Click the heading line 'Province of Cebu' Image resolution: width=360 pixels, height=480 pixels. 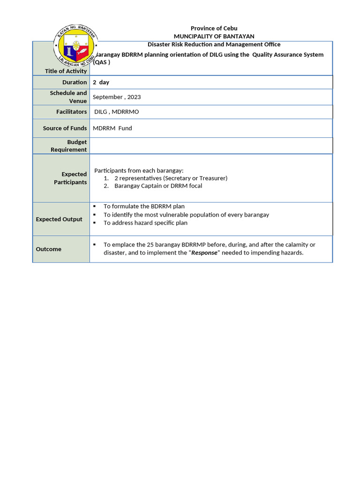[214, 28]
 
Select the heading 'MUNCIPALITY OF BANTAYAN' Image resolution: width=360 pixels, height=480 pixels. [214, 36]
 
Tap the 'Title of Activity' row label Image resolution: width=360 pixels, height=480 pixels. [66, 71]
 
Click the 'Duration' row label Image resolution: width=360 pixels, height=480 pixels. [75, 82]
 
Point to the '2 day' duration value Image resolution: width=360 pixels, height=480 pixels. [101, 82]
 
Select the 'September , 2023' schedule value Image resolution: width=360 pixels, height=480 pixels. [117, 97]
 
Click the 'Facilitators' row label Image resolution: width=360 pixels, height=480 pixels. [71, 112]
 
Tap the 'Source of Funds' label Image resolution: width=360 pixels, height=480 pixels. [65, 128]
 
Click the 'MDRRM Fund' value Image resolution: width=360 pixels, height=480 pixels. [112, 128]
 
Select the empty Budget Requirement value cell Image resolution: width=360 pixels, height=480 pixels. [211, 146]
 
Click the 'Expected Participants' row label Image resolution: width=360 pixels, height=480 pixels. [70, 178]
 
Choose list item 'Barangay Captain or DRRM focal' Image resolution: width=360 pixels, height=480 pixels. [158, 186]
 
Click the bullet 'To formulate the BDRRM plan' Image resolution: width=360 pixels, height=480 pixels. [144, 206]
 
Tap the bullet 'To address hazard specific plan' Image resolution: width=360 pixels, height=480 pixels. [145, 223]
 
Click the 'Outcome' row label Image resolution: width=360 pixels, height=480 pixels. [49, 249]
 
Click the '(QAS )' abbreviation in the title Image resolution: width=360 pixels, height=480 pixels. [102, 62]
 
